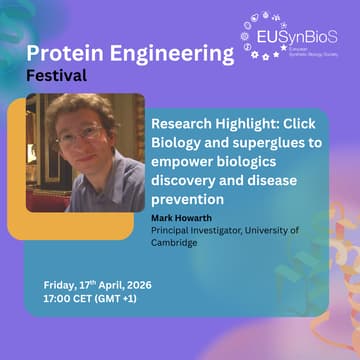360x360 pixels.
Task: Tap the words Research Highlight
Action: [210, 125]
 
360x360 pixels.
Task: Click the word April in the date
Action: [110, 283]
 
